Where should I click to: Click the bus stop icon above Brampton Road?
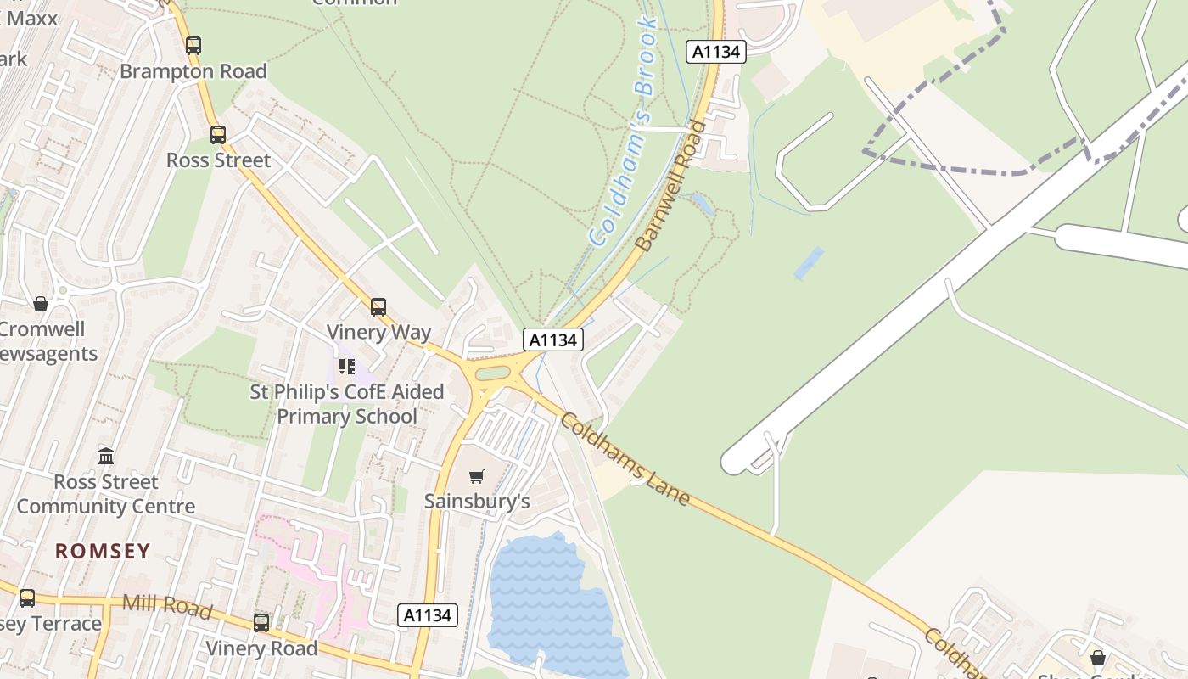(193, 45)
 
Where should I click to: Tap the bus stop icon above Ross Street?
(218, 134)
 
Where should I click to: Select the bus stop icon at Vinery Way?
(378, 306)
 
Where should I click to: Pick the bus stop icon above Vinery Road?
(261, 622)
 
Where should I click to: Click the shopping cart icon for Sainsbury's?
(477, 476)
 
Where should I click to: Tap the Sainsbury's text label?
(477, 501)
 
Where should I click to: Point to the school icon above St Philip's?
(346, 367)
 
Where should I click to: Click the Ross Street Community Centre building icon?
(106, 457)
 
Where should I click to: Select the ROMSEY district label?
(103, 551)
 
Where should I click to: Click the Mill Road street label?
(167, 605)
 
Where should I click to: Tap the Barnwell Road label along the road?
(671, 187)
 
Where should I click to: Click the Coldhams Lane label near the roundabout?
(626, 459)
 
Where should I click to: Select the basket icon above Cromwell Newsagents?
(40, 304)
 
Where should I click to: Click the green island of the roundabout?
(493, 373)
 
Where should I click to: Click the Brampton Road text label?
(193, 71)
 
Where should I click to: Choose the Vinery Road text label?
(261, 648)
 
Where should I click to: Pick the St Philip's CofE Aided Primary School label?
(347, 404)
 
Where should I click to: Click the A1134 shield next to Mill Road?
(428, 615)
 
